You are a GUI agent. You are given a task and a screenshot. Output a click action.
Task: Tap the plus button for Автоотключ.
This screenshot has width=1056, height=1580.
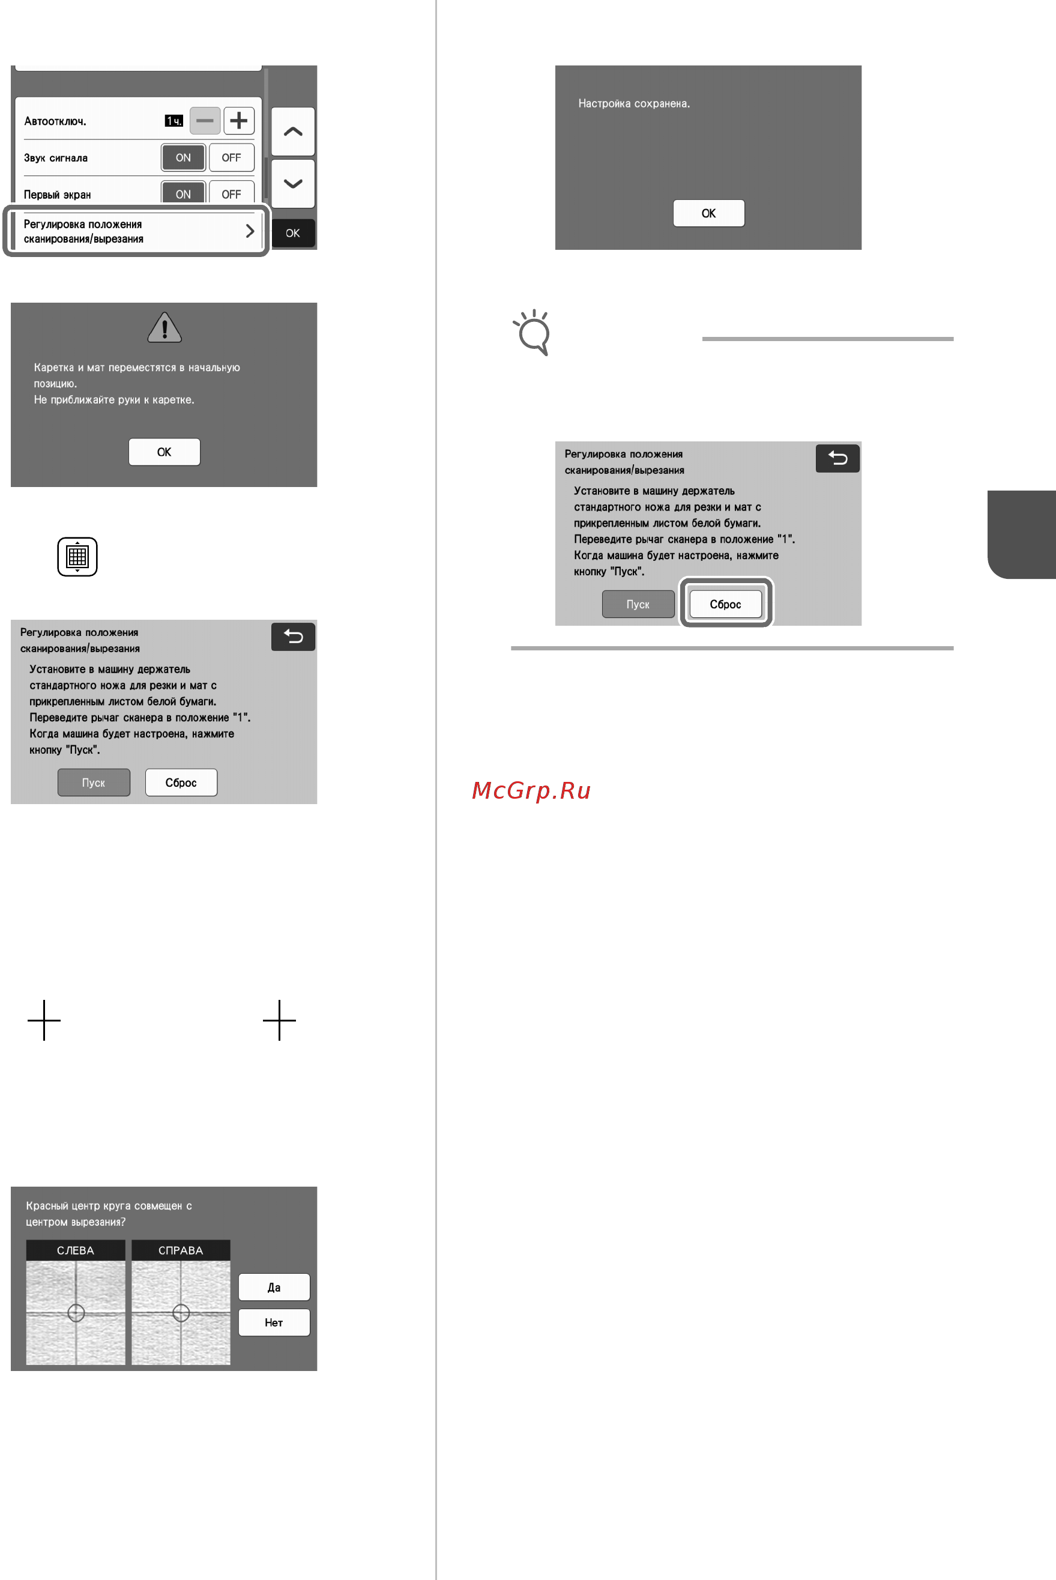click(238, 121)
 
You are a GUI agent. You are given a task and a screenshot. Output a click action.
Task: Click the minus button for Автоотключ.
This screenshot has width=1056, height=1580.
click(205, 121)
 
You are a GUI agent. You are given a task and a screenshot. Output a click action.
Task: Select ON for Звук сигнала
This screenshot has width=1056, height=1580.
click(183, 157)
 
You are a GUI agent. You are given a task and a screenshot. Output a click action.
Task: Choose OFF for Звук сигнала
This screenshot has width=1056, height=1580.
click(231, 157)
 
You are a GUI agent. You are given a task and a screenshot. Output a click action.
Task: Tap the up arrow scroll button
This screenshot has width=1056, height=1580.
click(293, 132)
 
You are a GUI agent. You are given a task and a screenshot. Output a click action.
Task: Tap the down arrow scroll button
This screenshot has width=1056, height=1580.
click(293, 183)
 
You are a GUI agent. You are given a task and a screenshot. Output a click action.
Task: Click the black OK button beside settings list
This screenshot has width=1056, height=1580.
click(293, 233)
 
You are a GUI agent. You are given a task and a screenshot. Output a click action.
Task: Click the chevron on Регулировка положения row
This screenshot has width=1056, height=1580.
click(250, 231)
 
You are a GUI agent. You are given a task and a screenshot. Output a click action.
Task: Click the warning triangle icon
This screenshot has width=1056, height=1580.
click(164, 327)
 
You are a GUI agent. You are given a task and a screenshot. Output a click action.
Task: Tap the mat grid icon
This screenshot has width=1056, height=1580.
click(77, 556)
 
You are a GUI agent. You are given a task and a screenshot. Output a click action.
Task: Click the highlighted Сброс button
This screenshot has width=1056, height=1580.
click(725, 604)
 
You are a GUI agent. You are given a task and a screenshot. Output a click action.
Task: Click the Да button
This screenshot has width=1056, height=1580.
click(274, 1287)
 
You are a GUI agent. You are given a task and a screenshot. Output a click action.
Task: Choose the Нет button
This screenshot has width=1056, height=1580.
click(274, 1322)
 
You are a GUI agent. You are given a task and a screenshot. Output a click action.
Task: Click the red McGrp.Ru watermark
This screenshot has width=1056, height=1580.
click(531, 790)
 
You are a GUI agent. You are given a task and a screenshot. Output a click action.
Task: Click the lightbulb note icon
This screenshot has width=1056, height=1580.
click(533, 332)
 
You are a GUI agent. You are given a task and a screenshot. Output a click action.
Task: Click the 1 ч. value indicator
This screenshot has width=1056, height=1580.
click(173, 121)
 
